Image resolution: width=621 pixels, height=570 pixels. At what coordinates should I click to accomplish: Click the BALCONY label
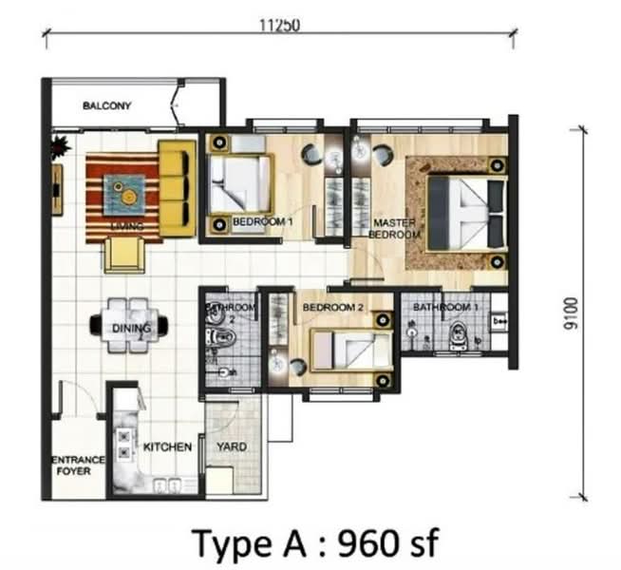106,105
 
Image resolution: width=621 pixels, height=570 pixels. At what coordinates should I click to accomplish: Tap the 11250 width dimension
279,26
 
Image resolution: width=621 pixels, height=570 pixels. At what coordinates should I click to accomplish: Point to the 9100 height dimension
571,313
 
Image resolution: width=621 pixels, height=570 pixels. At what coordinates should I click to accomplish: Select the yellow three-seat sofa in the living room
178,188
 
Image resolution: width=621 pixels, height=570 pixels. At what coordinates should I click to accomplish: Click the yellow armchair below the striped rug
124,255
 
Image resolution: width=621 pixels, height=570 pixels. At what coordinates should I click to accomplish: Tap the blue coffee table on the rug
124,195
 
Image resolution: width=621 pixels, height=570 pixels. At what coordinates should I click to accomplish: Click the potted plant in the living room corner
60,146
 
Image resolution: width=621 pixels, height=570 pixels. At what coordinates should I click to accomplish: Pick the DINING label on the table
131,328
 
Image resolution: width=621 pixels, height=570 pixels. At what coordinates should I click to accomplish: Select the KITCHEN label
167,446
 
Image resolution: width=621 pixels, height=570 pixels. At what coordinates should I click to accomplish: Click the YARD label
232,446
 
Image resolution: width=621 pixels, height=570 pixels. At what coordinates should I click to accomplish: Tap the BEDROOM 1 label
263,221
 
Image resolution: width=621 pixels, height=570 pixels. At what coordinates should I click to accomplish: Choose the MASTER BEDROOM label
394,229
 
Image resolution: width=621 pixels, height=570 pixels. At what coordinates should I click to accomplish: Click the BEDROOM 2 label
332,308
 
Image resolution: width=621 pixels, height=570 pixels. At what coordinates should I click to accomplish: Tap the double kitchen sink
167,485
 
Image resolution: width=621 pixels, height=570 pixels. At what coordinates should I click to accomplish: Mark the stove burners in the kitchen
124,444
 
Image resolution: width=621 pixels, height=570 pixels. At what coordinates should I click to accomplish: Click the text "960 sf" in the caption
387,543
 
